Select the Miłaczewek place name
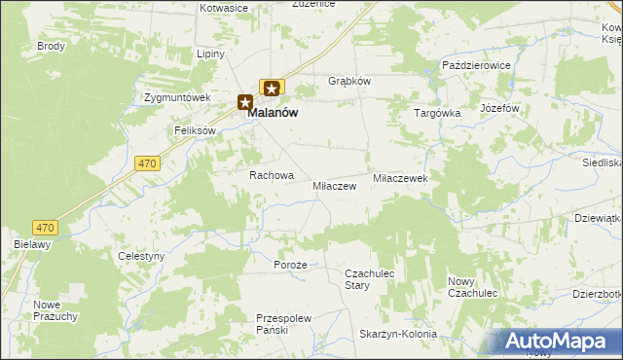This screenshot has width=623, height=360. click(x=401, y=179)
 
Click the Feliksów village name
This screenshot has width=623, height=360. click(x=195, y=130)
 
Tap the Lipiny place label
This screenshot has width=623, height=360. click(x=211, y=54)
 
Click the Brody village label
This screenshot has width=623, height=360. click(x=51, y=46)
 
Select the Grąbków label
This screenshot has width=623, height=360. click(x=349, y=81)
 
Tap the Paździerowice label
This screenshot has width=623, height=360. click(x=477, y=64)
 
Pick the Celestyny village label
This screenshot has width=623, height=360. click(x=141, y=256)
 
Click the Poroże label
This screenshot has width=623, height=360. click(x=290, y=265)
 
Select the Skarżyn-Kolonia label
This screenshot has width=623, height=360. click(x=398, y=334)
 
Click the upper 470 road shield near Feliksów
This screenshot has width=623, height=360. click(x=147, y=164)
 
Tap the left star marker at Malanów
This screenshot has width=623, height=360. click(x=245, y=101)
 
